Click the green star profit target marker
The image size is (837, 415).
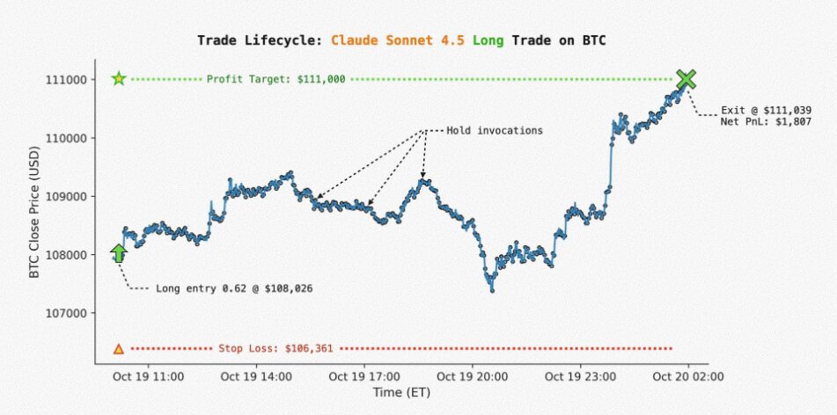(x=119, y=79)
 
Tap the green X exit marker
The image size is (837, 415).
(x=686, y=79)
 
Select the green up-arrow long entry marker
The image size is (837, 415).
(x=119, y=253)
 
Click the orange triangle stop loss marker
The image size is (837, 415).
(x=119, y=349)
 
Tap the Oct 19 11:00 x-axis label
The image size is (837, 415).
(x=148, y=376)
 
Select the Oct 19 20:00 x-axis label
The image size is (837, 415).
(x=473, y=376)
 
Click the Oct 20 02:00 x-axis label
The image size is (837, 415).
(x=688, y=376)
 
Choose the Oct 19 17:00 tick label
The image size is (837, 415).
(x=364, y=376)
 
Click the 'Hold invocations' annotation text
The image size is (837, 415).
(x=495, y=131)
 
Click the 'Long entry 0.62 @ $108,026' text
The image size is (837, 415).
(x=234, y=288)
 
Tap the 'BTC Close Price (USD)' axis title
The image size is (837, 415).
(x=34, y=221)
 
